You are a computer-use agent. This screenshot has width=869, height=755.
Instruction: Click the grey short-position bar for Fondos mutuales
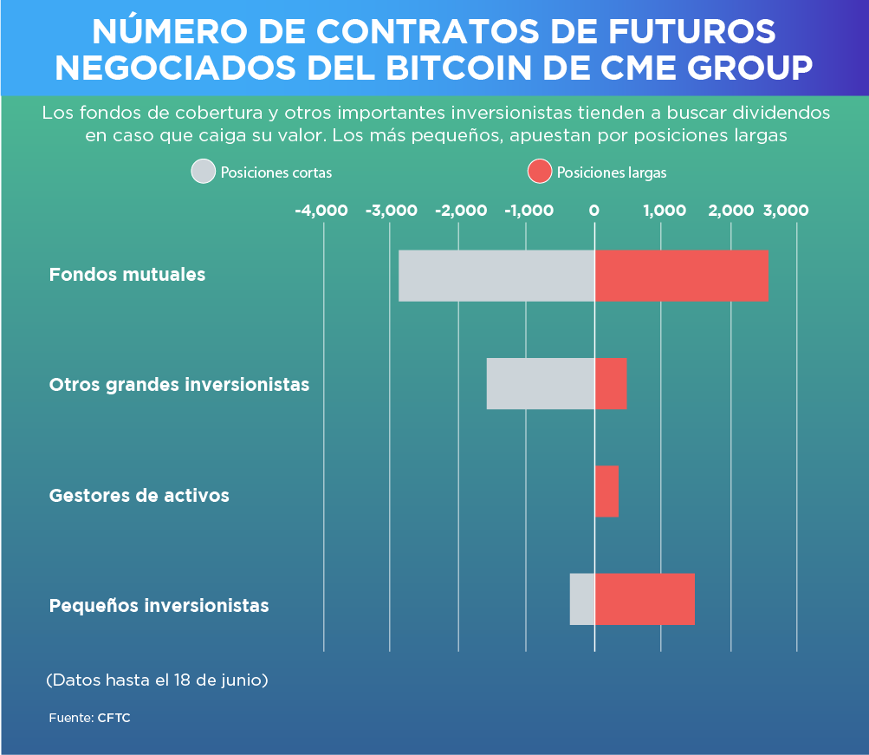pyautogui.click(x=496, y=276)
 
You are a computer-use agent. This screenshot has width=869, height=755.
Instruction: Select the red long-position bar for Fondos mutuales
pyautogui.click(x=682, y=276)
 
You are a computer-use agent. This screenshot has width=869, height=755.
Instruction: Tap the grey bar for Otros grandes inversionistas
pyautogui.click(x=541, y=383)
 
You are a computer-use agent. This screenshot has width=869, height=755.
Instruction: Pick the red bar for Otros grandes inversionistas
pyautogui.click(x=611, y=383)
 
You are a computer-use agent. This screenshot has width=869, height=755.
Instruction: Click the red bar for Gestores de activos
pyautogui.click(x=606, y=491)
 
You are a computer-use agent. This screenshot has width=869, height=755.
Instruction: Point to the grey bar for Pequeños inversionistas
pyautogui.click(x=582, y=599)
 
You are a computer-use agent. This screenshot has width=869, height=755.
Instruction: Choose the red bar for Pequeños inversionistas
pyautogui.click(x=645, y=599)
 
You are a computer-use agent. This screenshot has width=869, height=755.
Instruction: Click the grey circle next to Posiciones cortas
pyautogui.click(x=203, y=172)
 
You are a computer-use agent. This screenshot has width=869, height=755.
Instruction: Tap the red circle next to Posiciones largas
pyautogui.click(x=539, y=172)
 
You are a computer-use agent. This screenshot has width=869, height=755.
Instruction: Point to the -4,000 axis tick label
pyautogui.click(x=321, y=211)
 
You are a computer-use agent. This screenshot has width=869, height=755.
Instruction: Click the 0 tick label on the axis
pyautogui.click(x=594, y=211)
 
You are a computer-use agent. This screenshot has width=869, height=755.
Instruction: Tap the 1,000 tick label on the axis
pyautogui.click(x=665, y=211)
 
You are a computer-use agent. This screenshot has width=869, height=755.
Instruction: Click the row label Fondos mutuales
pyautogui.click(x=127, y=275)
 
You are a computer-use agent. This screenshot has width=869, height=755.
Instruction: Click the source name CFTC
pyautogui.click(x=113, y=719)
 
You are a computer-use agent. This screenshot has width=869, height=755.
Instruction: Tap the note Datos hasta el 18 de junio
pyautogui.click(x=157, y=680)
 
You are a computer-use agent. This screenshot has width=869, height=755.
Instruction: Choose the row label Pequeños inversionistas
pyautogui.click(x=159, y=605)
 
